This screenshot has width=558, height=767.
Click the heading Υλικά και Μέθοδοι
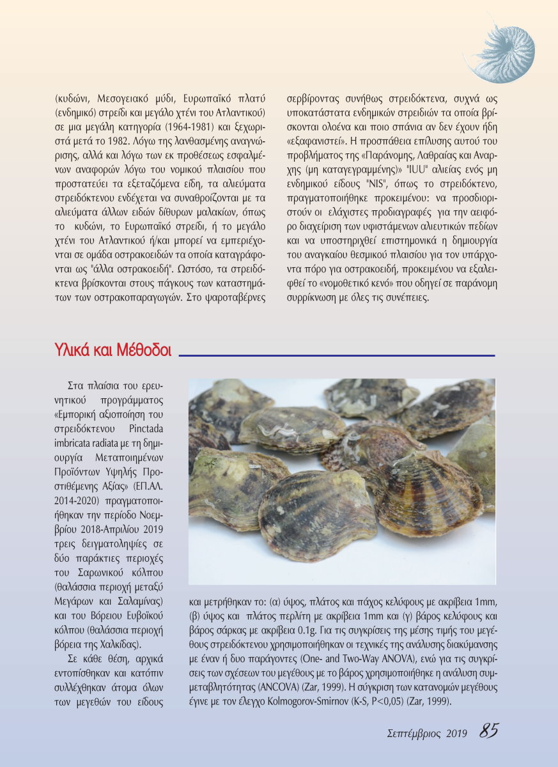(x=113, y=351)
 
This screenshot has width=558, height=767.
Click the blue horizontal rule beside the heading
(x=339, y=355)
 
